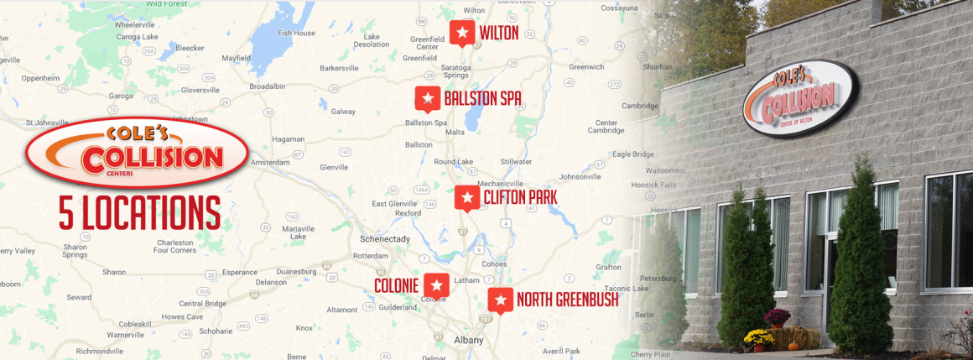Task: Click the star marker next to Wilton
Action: tap(461, 32)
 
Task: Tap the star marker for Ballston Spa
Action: tap(428, 97)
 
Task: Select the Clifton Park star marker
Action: tap(467, 197)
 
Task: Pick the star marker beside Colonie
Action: tap(436, 284)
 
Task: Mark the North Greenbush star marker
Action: tap(501, 299)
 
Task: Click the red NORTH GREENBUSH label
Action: tap(567, 300)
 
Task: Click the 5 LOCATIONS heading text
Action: tap(139, 211)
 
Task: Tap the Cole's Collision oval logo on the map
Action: tap(137, 152)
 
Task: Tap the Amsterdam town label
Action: tap(270, 161)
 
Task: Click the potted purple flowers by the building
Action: tap(777, 318)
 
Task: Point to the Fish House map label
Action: tap(297, 33)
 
